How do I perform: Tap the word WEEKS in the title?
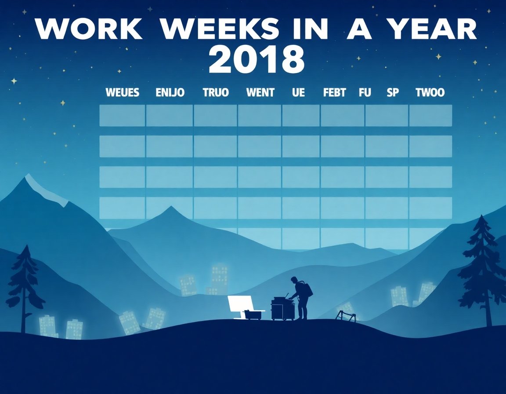coord(219,30)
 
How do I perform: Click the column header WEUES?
coord(123,93)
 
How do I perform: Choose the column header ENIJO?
coord(170,93)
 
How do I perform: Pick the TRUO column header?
coord(216,93)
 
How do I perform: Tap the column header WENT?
coord(260,93)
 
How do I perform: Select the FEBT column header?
coord(334,93)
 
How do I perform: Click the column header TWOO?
coord(430,93)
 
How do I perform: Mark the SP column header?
coord(392,93)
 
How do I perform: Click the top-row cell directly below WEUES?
coord(122,115)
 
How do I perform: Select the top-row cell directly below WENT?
coord(260,115)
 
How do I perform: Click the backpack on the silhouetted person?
coord(307,289)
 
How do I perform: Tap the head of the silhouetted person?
coord(294,280)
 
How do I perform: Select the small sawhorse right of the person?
coord(346,315)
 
